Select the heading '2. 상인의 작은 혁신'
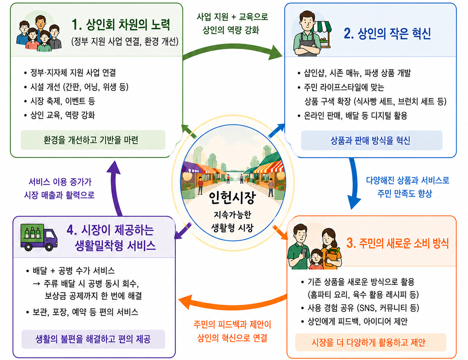[x=387, y=34]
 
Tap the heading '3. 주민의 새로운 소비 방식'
[x=397, y=243]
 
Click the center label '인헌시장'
[x=232, y=198]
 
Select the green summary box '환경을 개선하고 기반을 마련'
[x=93, y=140]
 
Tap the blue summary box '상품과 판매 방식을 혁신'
[x=372, y=140]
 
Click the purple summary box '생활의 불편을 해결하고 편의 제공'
[x=93, y=339]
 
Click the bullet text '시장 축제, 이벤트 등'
[x=62, y=101]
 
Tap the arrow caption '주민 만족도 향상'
[x=405, y=193]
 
